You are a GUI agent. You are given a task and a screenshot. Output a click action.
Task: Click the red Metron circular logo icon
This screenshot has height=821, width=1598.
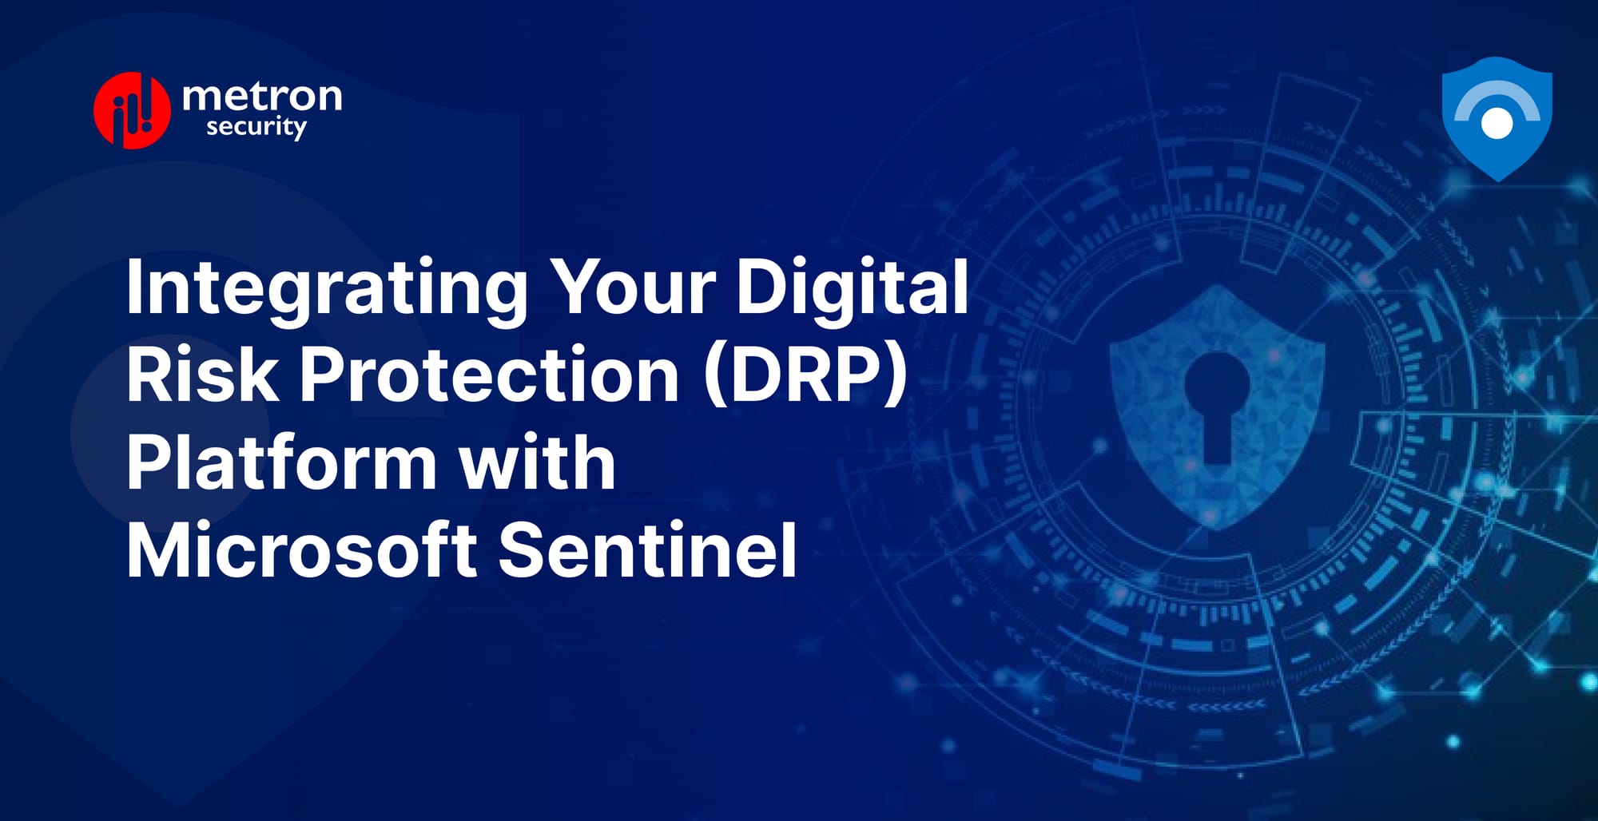click(132, 110)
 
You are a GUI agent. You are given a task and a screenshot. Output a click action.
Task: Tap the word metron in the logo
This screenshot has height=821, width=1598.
click(262, 97)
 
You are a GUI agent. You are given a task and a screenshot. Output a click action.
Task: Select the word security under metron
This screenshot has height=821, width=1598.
click(256, 128)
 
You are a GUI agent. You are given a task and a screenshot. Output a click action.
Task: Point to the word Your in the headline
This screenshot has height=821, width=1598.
click(634, 288)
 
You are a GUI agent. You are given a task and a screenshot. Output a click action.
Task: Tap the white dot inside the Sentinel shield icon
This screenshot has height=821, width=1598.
click(1497, 123)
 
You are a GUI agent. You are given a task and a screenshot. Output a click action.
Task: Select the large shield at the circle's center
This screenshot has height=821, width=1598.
click(1216, 479)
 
